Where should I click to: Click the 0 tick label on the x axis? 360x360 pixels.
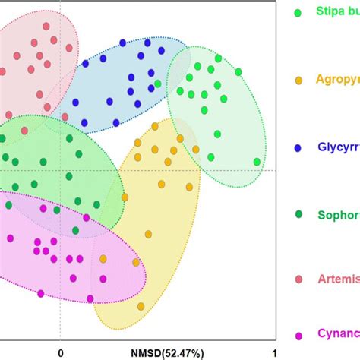tap(59, 351)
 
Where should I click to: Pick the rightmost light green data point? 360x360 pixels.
tap(257, 161)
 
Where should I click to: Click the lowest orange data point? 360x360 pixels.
tap(141, 306)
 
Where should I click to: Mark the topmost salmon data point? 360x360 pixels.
tap(47, 26)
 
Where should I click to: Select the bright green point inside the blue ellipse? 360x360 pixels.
tap(157, 84)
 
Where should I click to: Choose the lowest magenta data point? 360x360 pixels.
tap(40, 293)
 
